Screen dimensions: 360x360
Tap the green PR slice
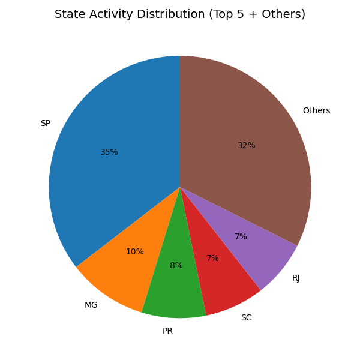[174, 288]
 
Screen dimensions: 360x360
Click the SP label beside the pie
[46, 124]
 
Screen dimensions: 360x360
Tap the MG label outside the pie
[91, 305]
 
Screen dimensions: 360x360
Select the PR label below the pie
[168, 331]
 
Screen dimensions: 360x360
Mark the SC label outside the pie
[246, 317]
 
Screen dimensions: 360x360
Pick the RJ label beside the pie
[296, 278]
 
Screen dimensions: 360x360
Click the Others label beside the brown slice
[316, 111]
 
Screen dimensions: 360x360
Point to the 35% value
[109, 152]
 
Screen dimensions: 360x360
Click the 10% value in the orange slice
[135, 252]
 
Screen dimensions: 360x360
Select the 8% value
[176, 266]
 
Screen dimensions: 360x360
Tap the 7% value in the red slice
[212, 259]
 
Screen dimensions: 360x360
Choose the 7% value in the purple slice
[241, 237]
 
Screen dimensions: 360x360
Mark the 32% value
[246, 146]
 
